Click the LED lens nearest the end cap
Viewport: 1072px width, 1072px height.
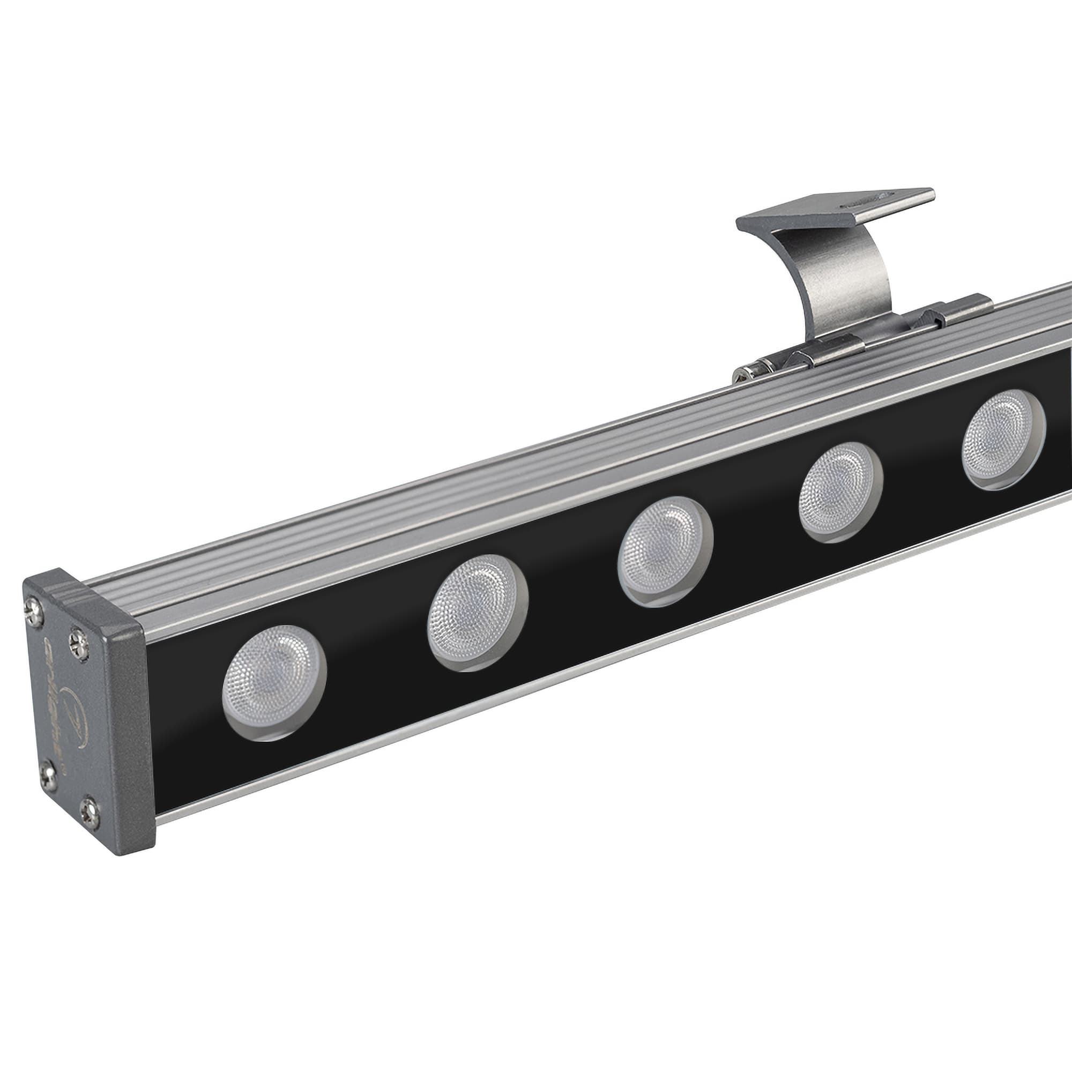pyautogui.click(x=273, y=682)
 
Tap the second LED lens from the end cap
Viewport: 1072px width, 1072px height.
pyautogui.click(x=477, y=612)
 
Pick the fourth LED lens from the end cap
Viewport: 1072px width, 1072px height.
pyautogui.click(x=840, y=492)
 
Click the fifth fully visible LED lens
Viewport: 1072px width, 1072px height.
pyautogui.click(x=1003, y=439)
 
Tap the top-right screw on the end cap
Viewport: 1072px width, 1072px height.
pyautogui.click(x=79, y=644)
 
